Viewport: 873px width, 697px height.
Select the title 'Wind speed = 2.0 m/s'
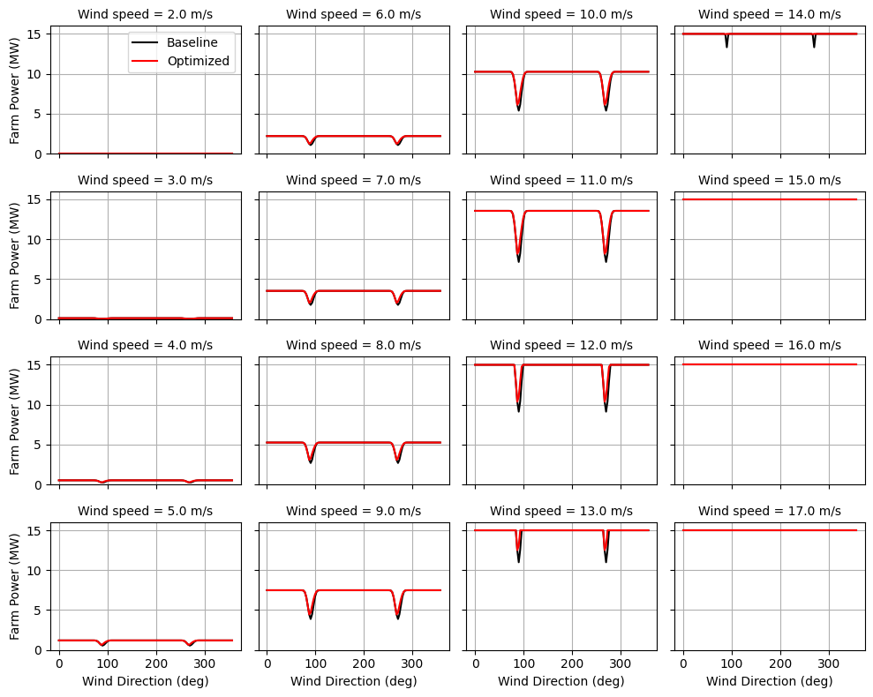[x=146, y=14]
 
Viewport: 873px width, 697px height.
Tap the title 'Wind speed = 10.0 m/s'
[x=561, y=14]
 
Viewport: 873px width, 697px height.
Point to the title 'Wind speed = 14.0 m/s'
[x=770, y=14]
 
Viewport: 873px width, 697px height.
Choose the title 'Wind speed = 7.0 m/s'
[x=353, y=180]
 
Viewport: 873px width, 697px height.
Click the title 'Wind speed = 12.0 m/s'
[x=561, y=345]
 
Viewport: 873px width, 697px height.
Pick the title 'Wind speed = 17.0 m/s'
[x=770, y=511]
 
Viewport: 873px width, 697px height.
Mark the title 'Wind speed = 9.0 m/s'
[x=353, y=511]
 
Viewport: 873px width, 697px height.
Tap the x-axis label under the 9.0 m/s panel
[x=353, y=681]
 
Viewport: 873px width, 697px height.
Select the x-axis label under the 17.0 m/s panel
[x=770, y=681]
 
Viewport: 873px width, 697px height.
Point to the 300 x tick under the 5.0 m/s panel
[x=205, y=663]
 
